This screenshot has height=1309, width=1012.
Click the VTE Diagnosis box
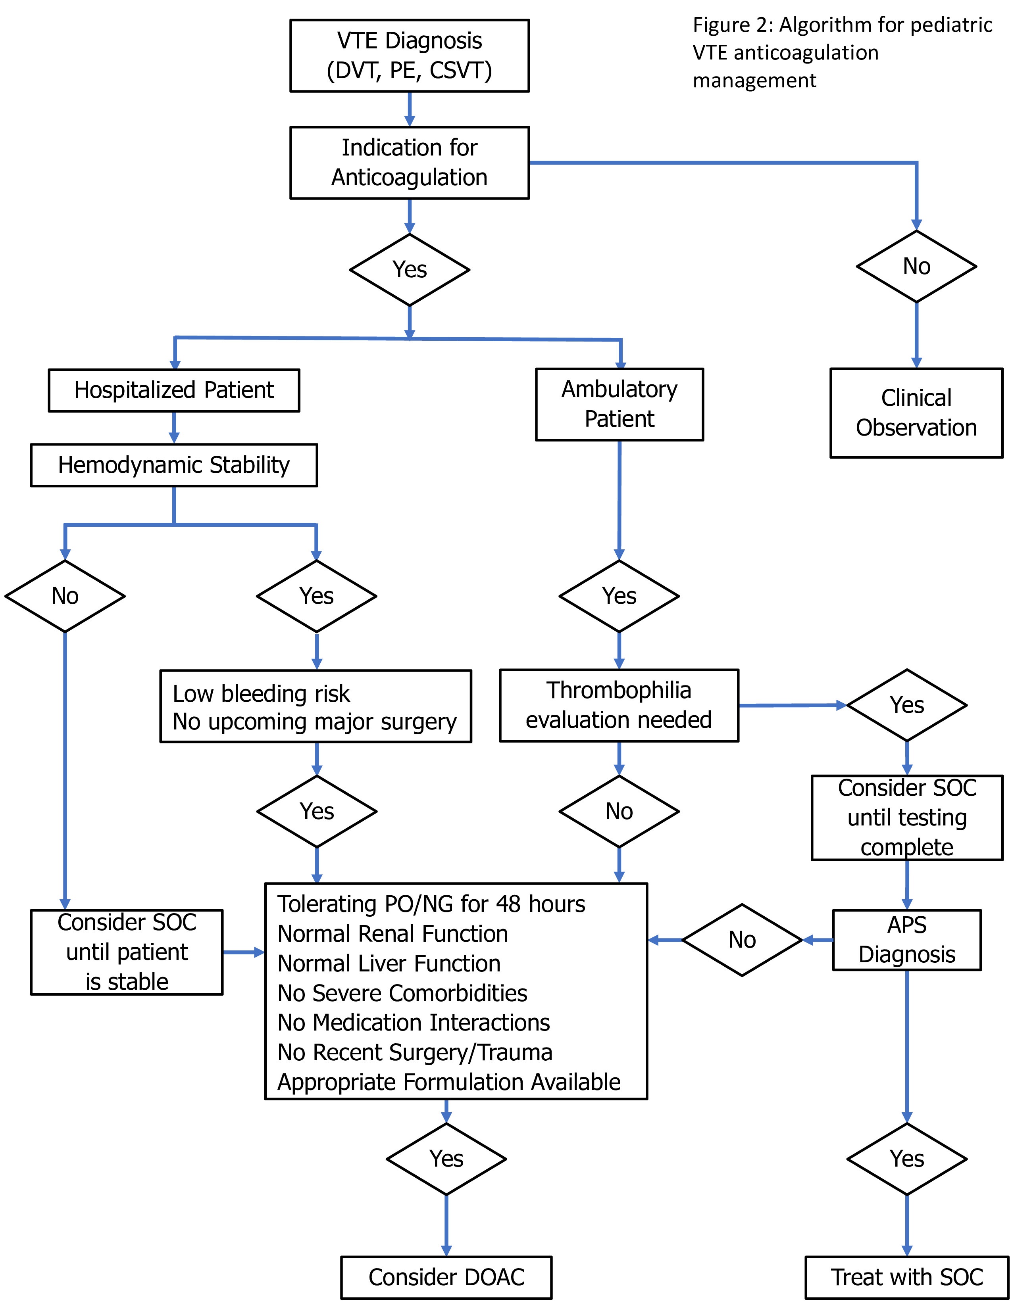coord(410,56)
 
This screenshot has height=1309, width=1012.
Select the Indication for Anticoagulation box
coord(410,162)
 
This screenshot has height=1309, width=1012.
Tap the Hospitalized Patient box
coord(174,390)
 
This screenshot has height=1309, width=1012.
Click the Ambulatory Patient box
coord(620,405)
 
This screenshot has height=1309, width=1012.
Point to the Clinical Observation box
coord(916,413)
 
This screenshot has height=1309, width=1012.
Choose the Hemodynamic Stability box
coord(174,465)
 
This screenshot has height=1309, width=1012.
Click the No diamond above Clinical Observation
coord(916,266)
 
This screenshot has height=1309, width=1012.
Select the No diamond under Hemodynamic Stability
coord(65,596)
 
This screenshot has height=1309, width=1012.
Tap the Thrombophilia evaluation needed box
coord(620,705)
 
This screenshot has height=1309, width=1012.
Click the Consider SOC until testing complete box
coord(907,818)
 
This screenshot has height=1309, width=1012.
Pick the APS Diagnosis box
coord(907,940)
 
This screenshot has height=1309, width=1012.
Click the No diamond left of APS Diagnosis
coord(742,940)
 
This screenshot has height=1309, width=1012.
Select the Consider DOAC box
coord(446,1277)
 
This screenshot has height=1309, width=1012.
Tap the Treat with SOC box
coord(907,1277)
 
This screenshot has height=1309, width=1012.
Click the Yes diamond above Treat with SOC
coord(907,1159)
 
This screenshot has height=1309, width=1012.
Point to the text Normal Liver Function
coord(389,963)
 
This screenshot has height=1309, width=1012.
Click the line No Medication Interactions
coord(414,1023)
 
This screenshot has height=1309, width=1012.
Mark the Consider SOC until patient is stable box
coord(127,952)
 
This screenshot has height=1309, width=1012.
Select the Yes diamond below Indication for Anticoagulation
coord(410,270)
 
